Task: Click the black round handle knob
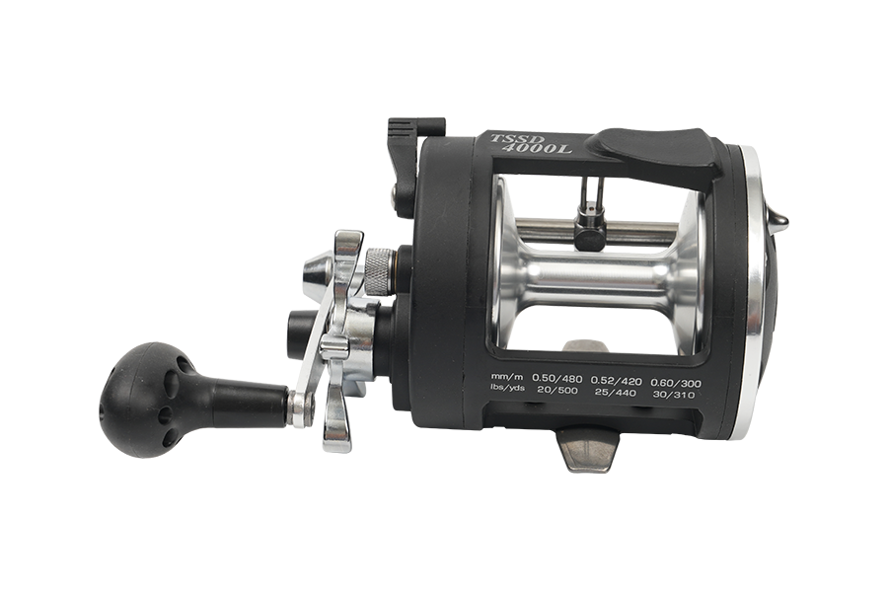pyautogui.click(x=148, y=399)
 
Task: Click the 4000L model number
pyautogui.click(x=538, y=148)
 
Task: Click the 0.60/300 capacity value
pyautogui.click(x=676, y=384)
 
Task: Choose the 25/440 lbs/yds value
pyautogui.click(x=616, y=394)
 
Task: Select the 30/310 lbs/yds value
pyautogui.click(x=673, y=395)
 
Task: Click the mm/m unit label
pyautogui.click(x=507, y=377)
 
